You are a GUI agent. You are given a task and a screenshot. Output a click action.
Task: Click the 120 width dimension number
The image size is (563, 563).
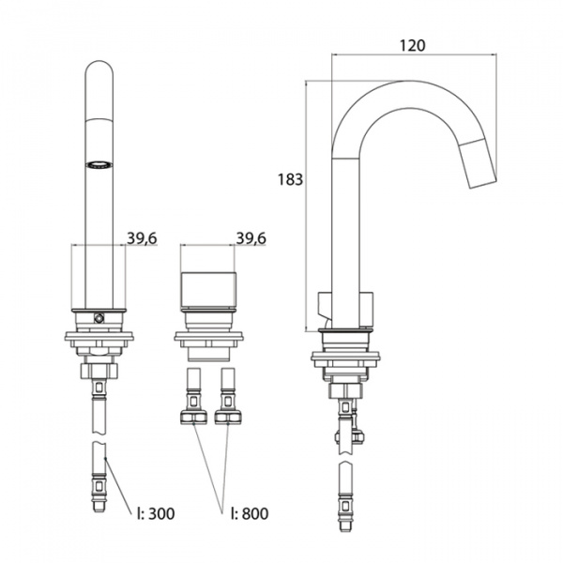coord(413,46)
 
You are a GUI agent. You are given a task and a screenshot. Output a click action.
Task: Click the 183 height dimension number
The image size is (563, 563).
coord(291,179)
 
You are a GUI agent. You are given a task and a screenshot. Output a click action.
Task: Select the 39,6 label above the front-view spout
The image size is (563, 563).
coord(142,238)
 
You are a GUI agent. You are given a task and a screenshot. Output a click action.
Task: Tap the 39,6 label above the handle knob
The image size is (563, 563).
coord(251,238)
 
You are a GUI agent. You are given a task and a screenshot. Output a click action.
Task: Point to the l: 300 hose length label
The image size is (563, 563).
coord(156,513)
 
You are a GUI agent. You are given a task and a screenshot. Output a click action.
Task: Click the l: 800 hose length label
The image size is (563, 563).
coord(250,513)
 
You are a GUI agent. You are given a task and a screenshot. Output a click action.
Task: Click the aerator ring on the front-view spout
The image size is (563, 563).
coord(99,165)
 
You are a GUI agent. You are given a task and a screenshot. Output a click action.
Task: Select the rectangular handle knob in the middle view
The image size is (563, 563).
coord(208,291)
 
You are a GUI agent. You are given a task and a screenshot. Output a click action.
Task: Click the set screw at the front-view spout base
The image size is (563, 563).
coord(99,318)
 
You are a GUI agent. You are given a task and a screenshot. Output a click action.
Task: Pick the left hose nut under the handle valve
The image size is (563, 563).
coord(193,418)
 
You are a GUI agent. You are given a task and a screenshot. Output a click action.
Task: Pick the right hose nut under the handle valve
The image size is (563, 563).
coord(228,418)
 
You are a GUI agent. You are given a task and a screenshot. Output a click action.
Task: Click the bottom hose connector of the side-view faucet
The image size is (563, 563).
coord(345,512)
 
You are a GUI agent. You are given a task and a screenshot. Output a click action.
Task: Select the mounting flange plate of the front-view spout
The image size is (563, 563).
coord(99,337)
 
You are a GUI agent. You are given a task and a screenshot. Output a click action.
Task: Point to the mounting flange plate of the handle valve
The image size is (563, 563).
coord(208,337)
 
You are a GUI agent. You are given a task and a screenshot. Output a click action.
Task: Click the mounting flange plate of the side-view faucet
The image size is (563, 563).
coord(345,357)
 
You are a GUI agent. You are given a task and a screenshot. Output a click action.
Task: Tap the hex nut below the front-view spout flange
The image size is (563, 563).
coord(99,371)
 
